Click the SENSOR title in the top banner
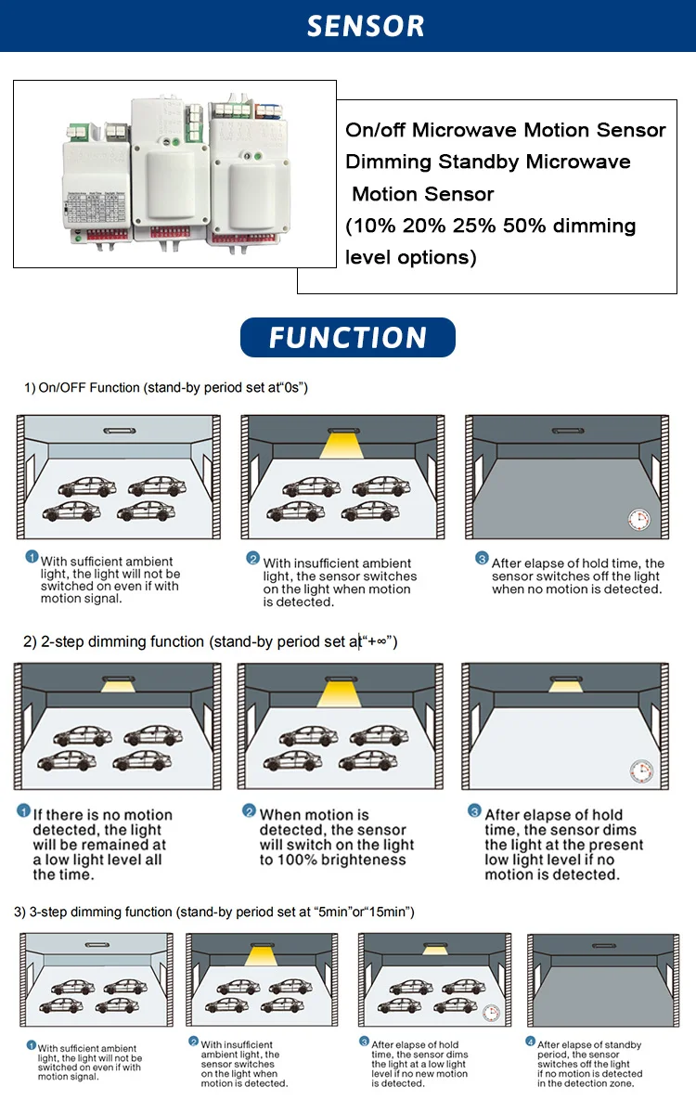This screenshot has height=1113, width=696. coord(366,26)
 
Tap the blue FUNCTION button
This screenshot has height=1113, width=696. coord(348,337)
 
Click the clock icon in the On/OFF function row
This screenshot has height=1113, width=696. coord(638,520)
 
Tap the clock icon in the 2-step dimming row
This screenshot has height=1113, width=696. coord(641,770)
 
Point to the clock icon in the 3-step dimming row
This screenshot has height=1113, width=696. coord(491,1013)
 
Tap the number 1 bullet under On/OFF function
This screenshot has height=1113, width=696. coord(32,557)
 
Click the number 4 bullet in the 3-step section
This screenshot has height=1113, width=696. coord(530,1042)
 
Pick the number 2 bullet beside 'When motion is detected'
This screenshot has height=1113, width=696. coord(249,810)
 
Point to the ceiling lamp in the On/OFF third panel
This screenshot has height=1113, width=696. coord(568,431)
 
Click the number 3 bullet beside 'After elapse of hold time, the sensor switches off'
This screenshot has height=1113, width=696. coord(482,559)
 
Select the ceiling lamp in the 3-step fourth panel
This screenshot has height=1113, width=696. coord(604,946)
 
